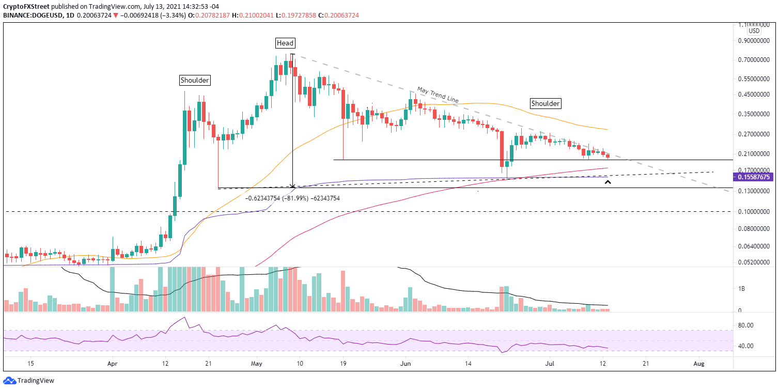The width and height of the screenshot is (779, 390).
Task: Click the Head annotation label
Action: tap(285, 43)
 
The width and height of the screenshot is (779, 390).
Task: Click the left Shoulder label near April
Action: tap(195, 80)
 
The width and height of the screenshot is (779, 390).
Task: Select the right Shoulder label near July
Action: tap(546, 103)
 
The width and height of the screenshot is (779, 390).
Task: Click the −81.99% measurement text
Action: tap(292, 198)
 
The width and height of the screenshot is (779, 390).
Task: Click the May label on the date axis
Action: tap(257, 364)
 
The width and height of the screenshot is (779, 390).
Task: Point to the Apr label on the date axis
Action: tap(112, 364)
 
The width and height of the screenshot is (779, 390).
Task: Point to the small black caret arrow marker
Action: tap(607, 182)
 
